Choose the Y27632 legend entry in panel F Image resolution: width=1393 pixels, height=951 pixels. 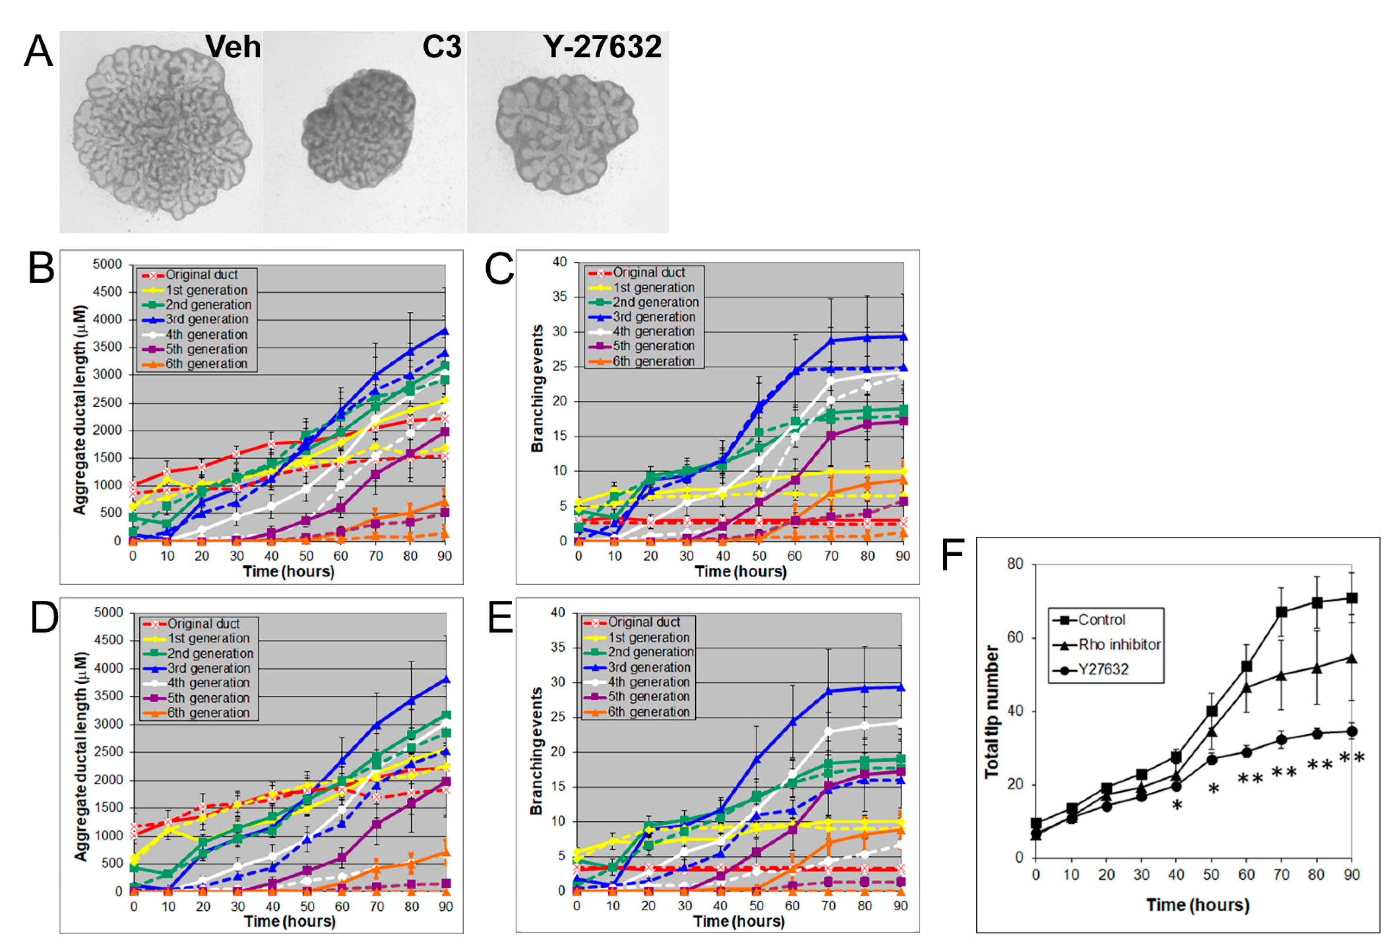click(1103, 669)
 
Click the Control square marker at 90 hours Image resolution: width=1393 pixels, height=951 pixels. click(1352, 598)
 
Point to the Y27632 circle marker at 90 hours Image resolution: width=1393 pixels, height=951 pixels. click(1352, 731)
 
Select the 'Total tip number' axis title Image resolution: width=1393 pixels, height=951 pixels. click(992, 712)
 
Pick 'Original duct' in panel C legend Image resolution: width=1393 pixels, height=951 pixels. click(648, 272)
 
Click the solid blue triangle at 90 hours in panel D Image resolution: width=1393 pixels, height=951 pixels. click(445, 680)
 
